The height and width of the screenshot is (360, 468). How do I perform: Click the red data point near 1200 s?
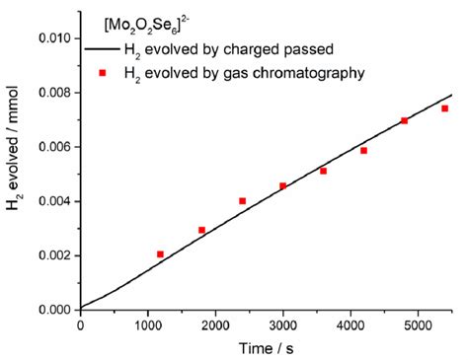(161, 254)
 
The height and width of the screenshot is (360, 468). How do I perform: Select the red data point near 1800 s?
(201, 230)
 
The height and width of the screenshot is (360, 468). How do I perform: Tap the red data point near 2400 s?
(243, 201)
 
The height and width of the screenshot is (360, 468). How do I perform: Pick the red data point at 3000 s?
(282, 185)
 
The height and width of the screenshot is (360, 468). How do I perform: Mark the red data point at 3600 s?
(323, 171)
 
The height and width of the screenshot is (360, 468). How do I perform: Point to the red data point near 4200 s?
(363, 150)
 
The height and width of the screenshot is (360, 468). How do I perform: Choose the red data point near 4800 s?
(404, 120)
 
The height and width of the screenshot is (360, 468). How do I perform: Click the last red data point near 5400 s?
(444, 108)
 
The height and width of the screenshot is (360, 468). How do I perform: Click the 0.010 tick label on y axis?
(54, 38)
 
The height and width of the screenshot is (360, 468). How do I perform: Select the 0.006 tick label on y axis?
(54, 147)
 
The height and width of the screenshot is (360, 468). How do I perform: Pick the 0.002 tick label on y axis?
(54, 255)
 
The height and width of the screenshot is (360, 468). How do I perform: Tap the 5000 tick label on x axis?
(418, 324)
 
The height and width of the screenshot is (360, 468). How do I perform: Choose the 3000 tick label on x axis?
(282, 324)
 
